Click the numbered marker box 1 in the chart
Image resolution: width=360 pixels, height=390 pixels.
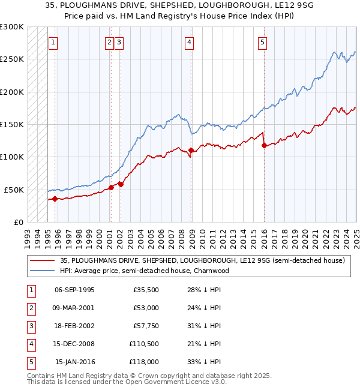coord(53,42)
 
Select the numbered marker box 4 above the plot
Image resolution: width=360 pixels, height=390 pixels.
coord(189,42)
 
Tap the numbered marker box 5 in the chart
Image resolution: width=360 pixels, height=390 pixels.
coord(263,42)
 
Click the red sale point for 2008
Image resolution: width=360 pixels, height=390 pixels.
coord(191,150)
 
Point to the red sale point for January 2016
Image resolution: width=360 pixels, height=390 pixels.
coord(264,145)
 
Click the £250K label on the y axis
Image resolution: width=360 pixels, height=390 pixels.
coord(12,59)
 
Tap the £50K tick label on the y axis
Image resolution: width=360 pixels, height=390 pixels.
coord(14,190)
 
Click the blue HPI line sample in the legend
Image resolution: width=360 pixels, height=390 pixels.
coord(42,271)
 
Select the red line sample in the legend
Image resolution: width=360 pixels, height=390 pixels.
coord(42,260)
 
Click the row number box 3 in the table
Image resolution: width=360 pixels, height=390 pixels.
coord(31,326)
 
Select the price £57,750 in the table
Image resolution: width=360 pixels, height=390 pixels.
coord(145,326)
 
